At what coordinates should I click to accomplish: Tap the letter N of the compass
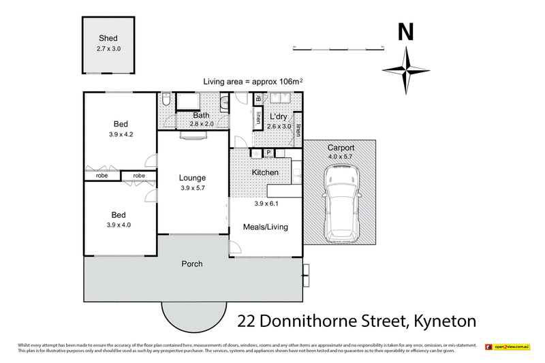tap(406, 32)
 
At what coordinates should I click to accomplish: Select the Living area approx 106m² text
tap(253, 82)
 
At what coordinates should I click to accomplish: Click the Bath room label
tap(200, 116)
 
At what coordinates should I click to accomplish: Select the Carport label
tap(341, 148)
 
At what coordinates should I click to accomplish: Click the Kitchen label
tap(265, 172)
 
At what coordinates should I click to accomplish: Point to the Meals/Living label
tap(266, 227)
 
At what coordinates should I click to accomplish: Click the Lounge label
tap(192, 178)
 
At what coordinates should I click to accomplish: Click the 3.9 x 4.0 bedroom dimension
tap(121, 225)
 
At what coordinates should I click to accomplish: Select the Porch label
tap(191, 264)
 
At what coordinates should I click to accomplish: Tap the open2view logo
tap(507, 347)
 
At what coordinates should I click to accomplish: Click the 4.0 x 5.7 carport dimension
tap(341, 157)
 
